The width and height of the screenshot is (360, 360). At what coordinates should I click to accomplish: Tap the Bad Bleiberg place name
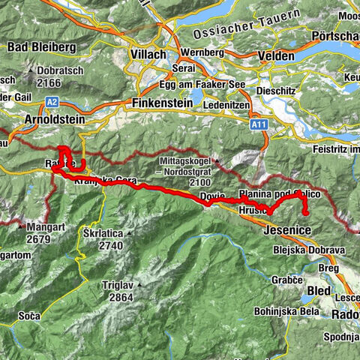tap(42, 47)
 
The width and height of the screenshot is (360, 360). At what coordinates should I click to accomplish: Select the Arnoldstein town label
tap(34, 121)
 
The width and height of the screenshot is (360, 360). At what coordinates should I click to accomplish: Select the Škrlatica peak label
tap(103, 233)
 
